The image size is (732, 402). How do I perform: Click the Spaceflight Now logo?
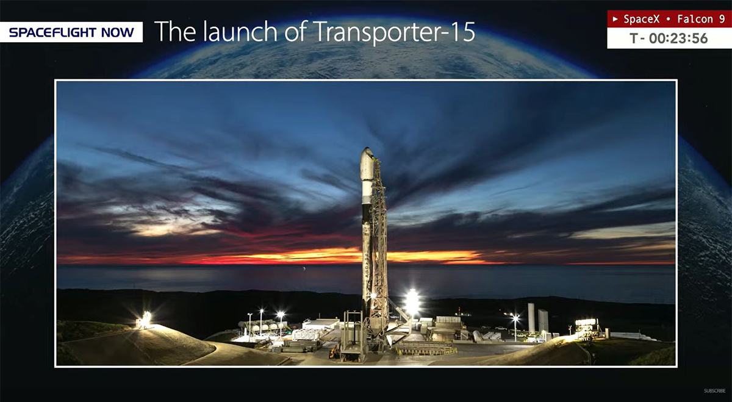coord(71,32)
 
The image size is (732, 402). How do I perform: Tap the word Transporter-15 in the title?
coord(395,32)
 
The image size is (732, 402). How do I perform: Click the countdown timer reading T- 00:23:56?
coord(669,38)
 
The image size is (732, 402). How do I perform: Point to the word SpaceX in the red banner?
coord(642,19)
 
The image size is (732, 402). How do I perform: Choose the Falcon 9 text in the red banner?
coord(701,19)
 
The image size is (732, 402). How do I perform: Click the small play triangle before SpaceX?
coord(615,19)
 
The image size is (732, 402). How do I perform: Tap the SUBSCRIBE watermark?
coord(715,391)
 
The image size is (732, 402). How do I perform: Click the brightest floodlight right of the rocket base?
coord(412,302)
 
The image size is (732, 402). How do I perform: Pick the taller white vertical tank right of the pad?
coord(531,318)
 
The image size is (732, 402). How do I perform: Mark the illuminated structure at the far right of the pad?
coord(587,328)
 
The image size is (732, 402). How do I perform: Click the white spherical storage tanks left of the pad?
coord(264,326)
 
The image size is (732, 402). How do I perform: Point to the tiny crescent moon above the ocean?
coord(304,268)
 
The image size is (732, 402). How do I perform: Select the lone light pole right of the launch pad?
coord(515,328)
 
